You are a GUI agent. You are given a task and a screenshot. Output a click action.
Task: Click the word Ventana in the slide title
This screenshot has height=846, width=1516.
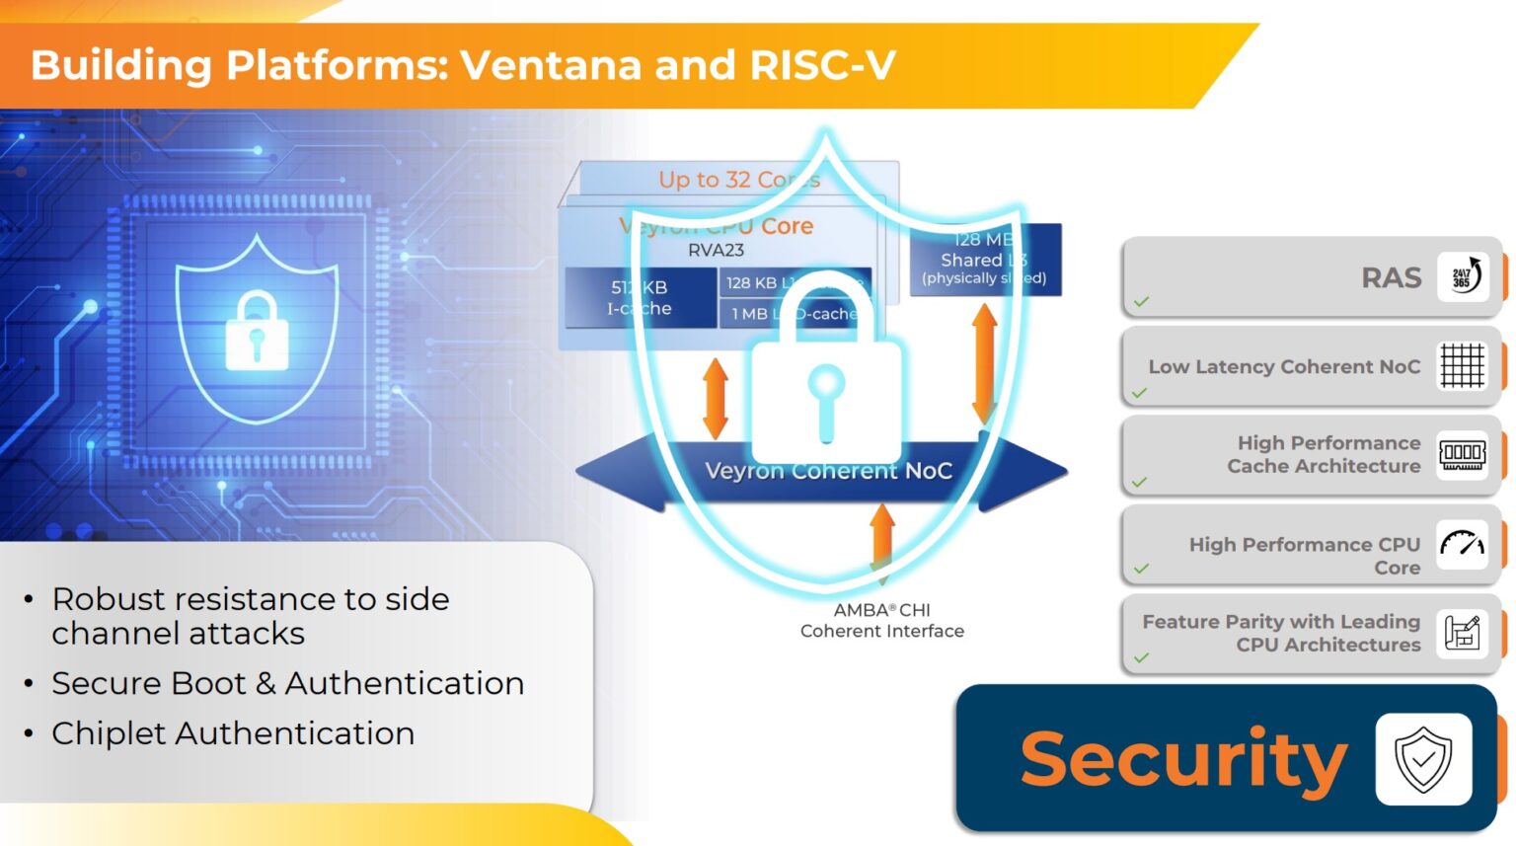tap(551, 65)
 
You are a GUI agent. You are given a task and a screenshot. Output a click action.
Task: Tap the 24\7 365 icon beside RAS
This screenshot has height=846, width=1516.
tap(1462, 276)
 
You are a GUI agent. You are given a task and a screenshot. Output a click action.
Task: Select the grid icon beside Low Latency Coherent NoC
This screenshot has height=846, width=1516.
tap(1462, 365)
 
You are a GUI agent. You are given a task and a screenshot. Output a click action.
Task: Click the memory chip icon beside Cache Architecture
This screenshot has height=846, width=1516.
tap(1462, 454)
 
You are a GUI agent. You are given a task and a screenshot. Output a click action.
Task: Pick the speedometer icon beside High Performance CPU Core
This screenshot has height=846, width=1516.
tap(1462, 544)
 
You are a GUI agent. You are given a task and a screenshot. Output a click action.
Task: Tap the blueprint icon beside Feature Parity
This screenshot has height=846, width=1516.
tap(1462, 633)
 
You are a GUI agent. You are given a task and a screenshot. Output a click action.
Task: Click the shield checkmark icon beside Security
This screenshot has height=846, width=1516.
tap(1423, 759)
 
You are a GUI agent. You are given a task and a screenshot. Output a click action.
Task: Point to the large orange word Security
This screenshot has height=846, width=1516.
tap(1183, 759)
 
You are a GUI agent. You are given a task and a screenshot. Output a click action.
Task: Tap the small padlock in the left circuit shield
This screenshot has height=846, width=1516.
tap(257, 332)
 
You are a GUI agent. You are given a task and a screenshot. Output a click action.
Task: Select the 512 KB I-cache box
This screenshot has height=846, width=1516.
tap(640, 297)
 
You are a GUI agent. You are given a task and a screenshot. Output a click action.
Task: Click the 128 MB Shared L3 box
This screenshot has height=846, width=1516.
tap(984, 259)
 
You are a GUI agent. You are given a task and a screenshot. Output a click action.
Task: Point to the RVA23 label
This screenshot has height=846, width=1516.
tap(716, 251)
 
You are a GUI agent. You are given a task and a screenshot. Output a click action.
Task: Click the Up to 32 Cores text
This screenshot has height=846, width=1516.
tap(739, 180)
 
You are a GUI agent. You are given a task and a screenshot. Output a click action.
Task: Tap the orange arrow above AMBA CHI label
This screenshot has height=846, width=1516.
tap(882, 539)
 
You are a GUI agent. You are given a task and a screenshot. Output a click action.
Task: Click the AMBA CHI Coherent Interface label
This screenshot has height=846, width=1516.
tap(881, 621)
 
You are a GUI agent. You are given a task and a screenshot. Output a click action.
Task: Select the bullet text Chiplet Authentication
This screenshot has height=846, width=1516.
tap(233, 733)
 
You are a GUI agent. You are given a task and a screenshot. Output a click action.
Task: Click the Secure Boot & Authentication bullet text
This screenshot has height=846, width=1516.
tap(287, 683)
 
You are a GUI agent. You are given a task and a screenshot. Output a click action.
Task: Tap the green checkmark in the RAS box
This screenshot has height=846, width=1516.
tap(1142, 301)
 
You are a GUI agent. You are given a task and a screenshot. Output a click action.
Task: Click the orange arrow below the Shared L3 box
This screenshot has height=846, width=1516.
tap(984, 363)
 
